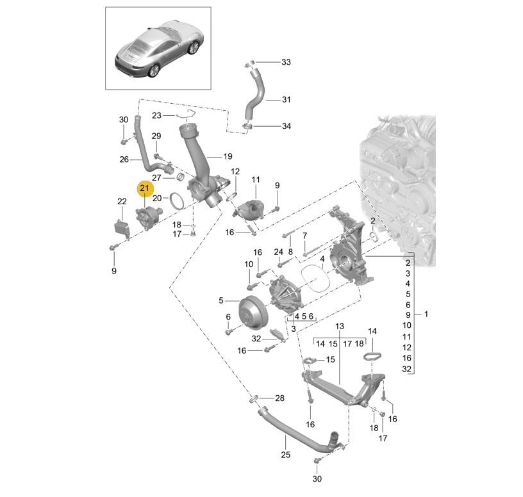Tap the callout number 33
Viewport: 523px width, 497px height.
click(x=286, y=62)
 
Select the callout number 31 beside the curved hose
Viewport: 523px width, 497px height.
click(x=286, y=99)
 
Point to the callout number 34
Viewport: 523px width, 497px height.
click(x=286, y=126)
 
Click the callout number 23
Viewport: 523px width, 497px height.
click(x=156, y=116)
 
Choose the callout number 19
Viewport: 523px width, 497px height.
click(x=228, y=156)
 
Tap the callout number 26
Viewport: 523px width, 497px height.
click(x=125, y=159)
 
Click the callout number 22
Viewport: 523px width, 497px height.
click(x=122, y=202)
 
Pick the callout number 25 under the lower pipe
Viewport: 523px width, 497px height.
click(x=285, y=455)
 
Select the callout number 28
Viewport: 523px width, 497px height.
click(x=279, y=398)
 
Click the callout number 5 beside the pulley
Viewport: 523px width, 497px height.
click(x=220, y=300)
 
